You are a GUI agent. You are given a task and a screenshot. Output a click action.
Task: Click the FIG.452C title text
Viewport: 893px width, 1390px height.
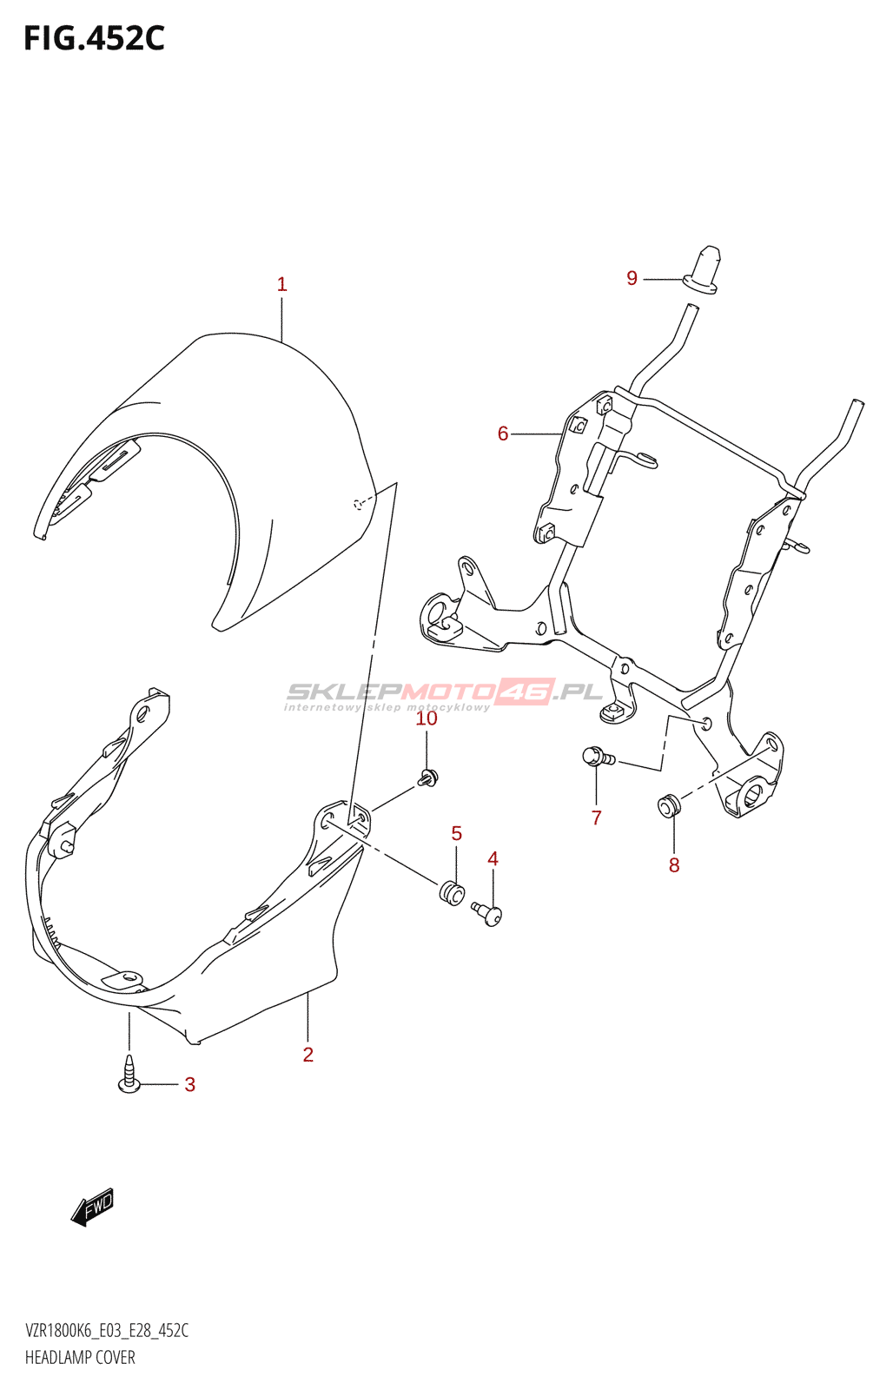[95, 38]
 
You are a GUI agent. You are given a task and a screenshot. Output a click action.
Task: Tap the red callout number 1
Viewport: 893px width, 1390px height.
[281, 284]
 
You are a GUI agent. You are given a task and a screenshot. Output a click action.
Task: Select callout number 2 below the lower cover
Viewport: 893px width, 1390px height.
[308, 1055]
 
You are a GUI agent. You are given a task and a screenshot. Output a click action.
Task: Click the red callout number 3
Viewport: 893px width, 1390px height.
[190, 1085]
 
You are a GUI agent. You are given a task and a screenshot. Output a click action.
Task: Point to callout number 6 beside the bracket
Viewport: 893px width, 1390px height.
[503, 434]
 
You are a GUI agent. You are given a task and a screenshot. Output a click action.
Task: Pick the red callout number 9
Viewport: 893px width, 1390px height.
[632, 278]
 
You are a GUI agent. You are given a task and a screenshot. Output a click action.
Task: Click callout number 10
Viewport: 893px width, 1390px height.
[427, 718]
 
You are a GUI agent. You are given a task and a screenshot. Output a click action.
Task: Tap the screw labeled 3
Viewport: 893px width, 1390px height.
[129, 1072]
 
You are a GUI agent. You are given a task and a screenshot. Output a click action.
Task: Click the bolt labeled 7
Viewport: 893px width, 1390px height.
[598, 757]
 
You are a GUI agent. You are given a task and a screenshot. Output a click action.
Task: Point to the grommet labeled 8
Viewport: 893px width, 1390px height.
[669, 804]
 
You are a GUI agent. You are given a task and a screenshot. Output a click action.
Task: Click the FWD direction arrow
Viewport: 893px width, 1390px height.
[92, 1207]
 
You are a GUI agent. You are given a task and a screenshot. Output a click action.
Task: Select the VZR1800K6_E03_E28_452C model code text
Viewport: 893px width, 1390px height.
[107, 1330]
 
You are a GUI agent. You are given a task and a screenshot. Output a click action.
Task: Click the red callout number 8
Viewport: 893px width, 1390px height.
[674, 865]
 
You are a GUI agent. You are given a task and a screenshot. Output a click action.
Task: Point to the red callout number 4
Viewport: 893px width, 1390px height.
[493, 859]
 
